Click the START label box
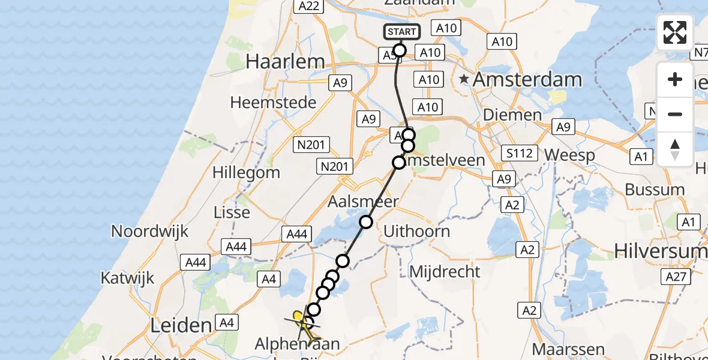tap(401, 32)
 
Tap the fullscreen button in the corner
tap(675, 32)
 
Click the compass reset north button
tap(675, 149)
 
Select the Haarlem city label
tap(286, 61)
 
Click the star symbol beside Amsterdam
tap(464, 79)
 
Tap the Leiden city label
tap(181, 326)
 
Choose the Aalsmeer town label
tap(362, 202)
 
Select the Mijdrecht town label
tap(445, 272)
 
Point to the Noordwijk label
tap(150, 232)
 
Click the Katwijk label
tap(127, 278)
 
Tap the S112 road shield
tap(519, 154)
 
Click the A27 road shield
tap(675, 276)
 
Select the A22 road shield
tap(308, 5)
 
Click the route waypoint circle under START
tap(400, 50)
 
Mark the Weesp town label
tap(569, 155)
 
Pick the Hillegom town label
tap(246, 173)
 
